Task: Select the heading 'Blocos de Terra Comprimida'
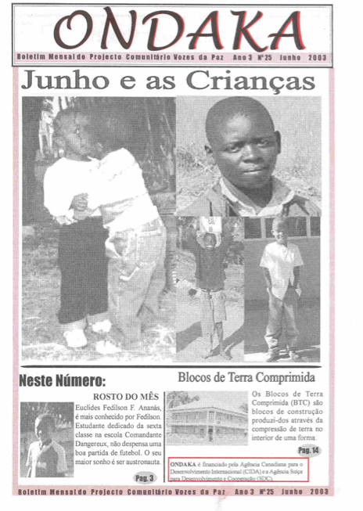246,376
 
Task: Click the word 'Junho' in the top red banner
295,58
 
